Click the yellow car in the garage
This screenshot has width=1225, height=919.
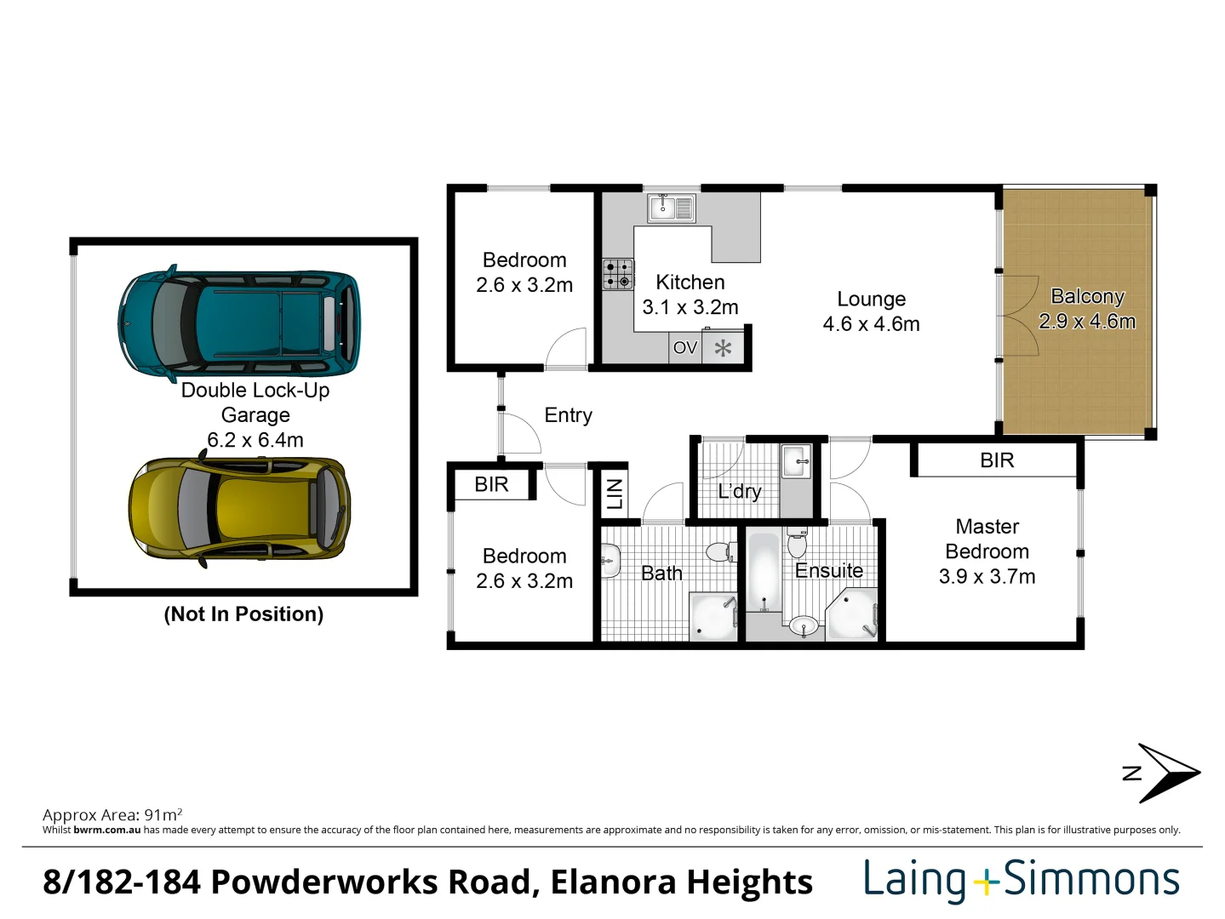click(x=239, y=508)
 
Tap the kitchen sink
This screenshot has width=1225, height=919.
click(x=672, y=207)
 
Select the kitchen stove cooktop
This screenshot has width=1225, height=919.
click(x=618, y=274)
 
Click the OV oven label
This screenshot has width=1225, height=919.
click(x=684, y=348)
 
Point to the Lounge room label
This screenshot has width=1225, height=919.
click(x=871, y=300)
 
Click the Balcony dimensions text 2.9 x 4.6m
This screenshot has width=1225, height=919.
click(x=1087, y=322)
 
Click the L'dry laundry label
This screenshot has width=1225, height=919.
click(x=739, y=491)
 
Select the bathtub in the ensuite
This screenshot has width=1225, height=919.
click(x=764, y=570)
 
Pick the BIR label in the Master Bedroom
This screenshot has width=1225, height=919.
click(x=997, y=460)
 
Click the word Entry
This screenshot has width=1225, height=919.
click(x=568, y=415)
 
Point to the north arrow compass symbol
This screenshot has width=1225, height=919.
click(x=1163, y=773)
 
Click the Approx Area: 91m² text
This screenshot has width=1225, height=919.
click(x=112, y=814)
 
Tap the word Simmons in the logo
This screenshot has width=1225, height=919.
click(x=1091, y=880)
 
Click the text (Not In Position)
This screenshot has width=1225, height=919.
click(x=243, y=614)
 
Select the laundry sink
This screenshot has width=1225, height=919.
click(x=796, y=462)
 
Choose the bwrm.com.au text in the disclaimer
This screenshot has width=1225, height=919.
click(x=106, y=830)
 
